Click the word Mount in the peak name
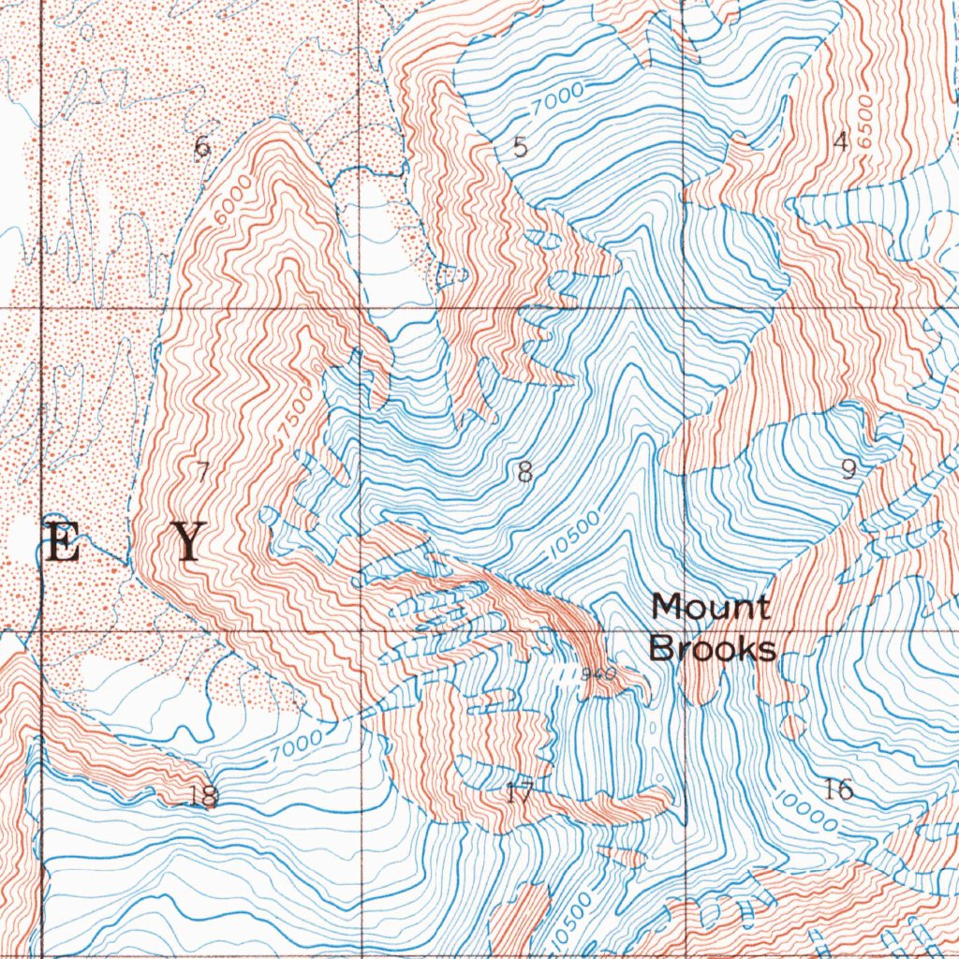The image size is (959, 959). pyautogui.click(x=711, y=607)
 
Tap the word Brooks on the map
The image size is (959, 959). pyautogui.click(x=713, y=648)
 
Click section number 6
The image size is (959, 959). pyautogui.click(x=201, y=148)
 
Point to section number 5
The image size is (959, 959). pyautogui.click(x=521, y=147)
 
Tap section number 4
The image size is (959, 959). pyautogui.click(x=840, y=141)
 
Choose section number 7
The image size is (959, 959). pyautogui.click(x=201, y=472)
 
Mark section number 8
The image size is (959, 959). pyautogui.click(x=524, y=473)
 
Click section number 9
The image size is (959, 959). pyautogui.click(x=848, y=468)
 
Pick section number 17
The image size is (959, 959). pyautogui.click(x=519, y=794)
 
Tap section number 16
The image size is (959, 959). pyautogui.click(x=839, y=789)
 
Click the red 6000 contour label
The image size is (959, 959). pyautogui.click(x=231, y=199)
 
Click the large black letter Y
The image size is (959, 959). pyautogui.click(x=190, y=543)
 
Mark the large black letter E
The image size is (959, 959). pyautogui.click(x=62, y=543)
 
